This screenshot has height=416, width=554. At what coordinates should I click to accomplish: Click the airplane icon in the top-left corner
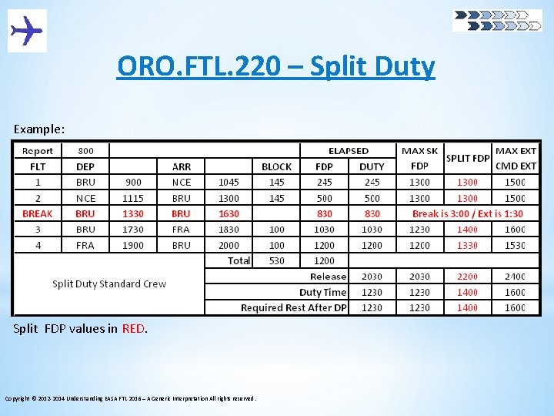(27, 31)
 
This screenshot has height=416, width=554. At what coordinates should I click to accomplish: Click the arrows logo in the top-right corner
(497, 20)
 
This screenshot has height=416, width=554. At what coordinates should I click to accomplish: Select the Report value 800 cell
(85, 151)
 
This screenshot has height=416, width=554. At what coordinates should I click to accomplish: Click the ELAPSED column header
(348, 151)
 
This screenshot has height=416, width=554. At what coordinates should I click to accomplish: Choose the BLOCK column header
(276, 166)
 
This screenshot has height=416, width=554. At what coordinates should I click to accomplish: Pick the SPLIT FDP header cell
(468, 158)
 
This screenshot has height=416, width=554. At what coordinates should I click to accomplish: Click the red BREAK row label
(38, 213)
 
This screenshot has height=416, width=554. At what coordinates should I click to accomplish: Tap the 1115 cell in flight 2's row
(133, 198)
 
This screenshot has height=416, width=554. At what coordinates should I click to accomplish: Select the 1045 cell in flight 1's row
(229, 183)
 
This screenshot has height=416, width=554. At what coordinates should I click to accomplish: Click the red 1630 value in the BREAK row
(229, 213)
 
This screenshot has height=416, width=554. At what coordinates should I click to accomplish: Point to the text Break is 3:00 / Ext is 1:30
(467, 213)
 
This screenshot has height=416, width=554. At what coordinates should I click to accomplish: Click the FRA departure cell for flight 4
(85, 245)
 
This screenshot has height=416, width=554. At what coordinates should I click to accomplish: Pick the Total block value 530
(276, 260)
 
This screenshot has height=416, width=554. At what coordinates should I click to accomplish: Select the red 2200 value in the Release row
(467, 277)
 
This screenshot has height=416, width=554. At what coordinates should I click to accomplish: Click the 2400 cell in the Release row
(515, 277)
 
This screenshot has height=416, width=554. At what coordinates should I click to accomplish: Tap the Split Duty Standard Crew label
(109, 283)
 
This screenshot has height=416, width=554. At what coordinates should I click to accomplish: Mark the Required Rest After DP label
(294, 307)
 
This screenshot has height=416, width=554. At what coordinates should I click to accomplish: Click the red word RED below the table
(132, 329)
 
